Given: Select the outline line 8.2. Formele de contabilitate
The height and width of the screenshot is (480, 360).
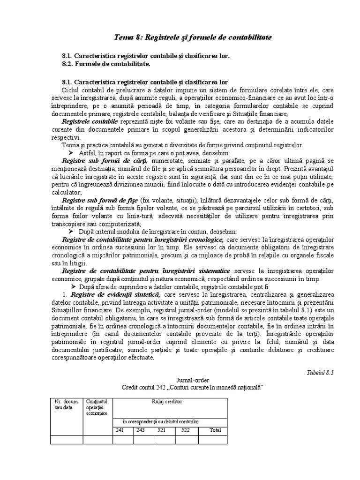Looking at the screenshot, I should [x=106, y=63].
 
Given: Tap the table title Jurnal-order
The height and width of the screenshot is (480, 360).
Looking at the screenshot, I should [x=194, y=380].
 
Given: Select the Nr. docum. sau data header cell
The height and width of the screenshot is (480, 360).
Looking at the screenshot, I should [x=66, y=405].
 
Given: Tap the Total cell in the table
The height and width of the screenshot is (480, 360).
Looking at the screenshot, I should [x=215, y=430].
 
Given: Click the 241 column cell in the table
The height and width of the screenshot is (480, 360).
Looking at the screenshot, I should [x=120, y=430].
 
